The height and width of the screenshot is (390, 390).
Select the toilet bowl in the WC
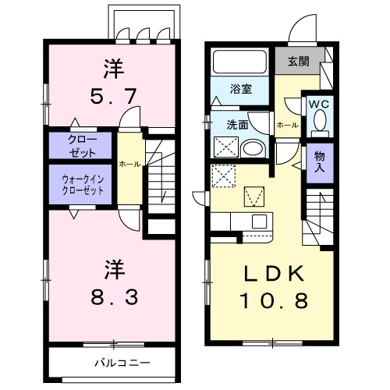320,122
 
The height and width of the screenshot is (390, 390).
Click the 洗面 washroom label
237,124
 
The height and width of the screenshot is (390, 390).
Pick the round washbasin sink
253,149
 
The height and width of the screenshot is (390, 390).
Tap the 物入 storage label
320,161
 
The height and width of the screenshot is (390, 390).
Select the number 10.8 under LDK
267,300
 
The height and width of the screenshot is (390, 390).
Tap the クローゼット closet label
76,145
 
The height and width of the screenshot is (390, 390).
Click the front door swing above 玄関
300,31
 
